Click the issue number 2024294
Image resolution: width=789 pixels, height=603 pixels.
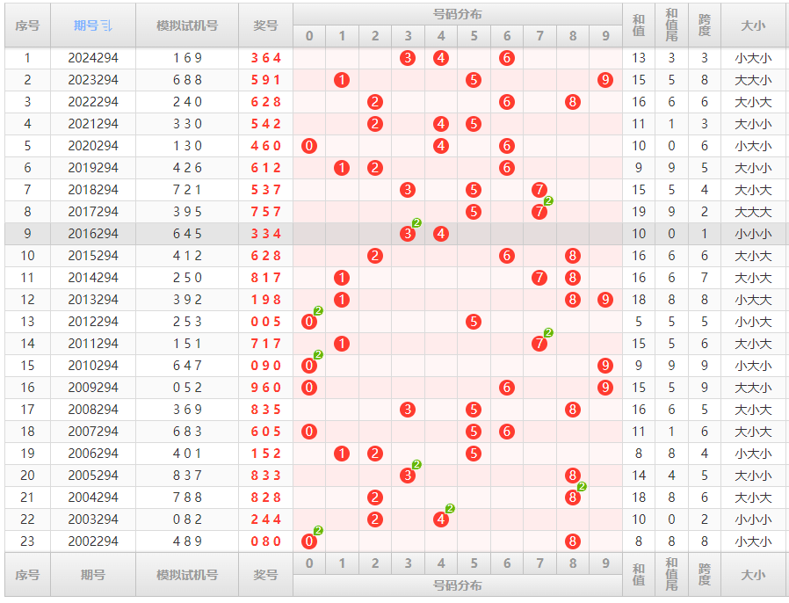93,58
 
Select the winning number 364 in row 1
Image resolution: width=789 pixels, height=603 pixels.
265,58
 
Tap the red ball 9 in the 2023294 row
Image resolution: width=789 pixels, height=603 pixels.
605,80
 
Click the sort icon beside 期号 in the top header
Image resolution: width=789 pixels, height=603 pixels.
106,25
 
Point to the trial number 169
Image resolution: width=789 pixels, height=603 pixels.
187,58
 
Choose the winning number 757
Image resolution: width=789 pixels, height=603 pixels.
265,212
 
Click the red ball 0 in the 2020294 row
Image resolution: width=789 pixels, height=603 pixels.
308,146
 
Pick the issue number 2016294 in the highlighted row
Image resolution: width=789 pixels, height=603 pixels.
93,234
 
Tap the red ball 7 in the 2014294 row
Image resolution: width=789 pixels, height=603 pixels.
539,278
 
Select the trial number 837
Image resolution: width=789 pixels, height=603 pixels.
187,476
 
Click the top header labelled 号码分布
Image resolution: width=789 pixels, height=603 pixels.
458,14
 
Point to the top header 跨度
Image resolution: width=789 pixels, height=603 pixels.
704,25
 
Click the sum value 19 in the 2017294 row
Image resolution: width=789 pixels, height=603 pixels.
639,212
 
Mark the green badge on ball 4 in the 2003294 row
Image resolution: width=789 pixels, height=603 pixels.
450,509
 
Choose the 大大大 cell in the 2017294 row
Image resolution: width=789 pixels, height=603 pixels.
753,212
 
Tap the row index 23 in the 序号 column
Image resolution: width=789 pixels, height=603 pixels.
27,541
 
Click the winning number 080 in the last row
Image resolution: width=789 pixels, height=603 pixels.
265,541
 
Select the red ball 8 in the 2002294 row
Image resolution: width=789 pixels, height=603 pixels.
573,541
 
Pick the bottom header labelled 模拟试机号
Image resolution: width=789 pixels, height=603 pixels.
187,575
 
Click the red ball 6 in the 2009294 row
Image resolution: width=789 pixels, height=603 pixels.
506,388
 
